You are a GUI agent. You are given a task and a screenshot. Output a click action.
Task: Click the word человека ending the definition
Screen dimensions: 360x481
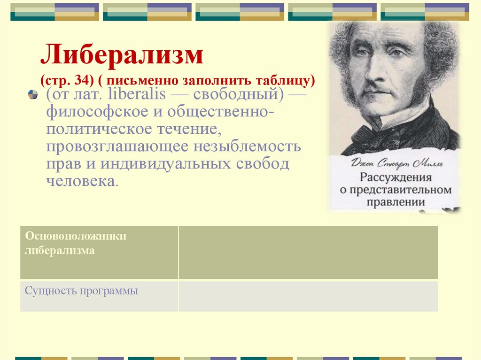(79, 181)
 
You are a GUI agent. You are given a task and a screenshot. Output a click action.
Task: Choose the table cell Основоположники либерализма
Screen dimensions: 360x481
(99, 252)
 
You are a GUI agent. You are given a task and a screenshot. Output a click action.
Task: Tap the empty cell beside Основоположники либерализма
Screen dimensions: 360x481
(308, 252)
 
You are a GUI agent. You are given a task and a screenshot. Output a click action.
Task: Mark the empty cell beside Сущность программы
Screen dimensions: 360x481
(308, 296)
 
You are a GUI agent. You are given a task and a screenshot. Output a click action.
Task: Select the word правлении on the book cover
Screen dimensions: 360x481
(396, 202)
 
